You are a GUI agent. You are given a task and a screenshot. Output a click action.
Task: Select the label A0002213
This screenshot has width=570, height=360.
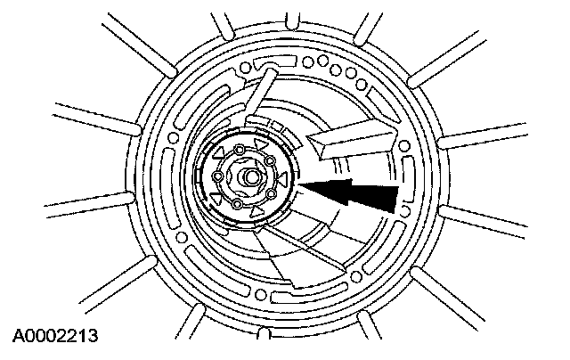(55, 336)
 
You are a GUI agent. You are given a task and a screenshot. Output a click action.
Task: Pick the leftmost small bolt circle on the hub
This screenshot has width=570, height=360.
(217, 177)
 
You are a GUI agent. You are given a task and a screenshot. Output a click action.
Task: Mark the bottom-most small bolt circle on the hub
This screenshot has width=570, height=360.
(237, 206)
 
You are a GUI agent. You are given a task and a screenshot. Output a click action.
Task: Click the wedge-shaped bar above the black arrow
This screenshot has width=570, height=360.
(352, 138)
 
